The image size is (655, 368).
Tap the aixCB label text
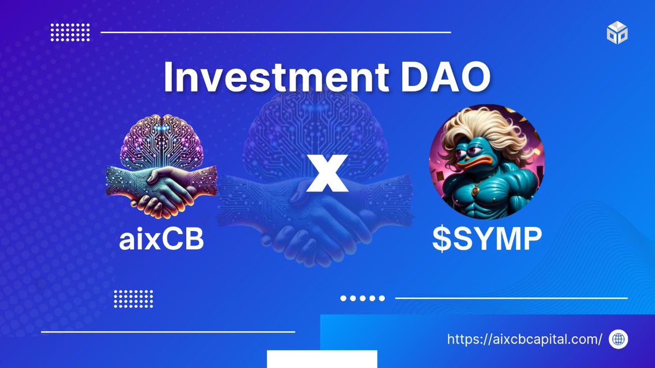pyautogui.click(x=162, y=240)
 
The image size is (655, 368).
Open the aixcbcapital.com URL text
pyautogui.click(x=525, y=339)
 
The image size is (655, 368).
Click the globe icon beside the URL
pyautogui.click(x=618, y=339)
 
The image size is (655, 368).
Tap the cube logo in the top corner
pyautogui.click(x=617, y=33)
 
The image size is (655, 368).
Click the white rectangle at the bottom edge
pyautogui.click(x=322, y=359)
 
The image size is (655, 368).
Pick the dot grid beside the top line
pyautogui.click(x=70, y=33)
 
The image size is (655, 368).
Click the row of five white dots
pyautogui.click(x=362, y=298)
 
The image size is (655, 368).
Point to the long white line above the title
pyautogui.click(x=276, y=33)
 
